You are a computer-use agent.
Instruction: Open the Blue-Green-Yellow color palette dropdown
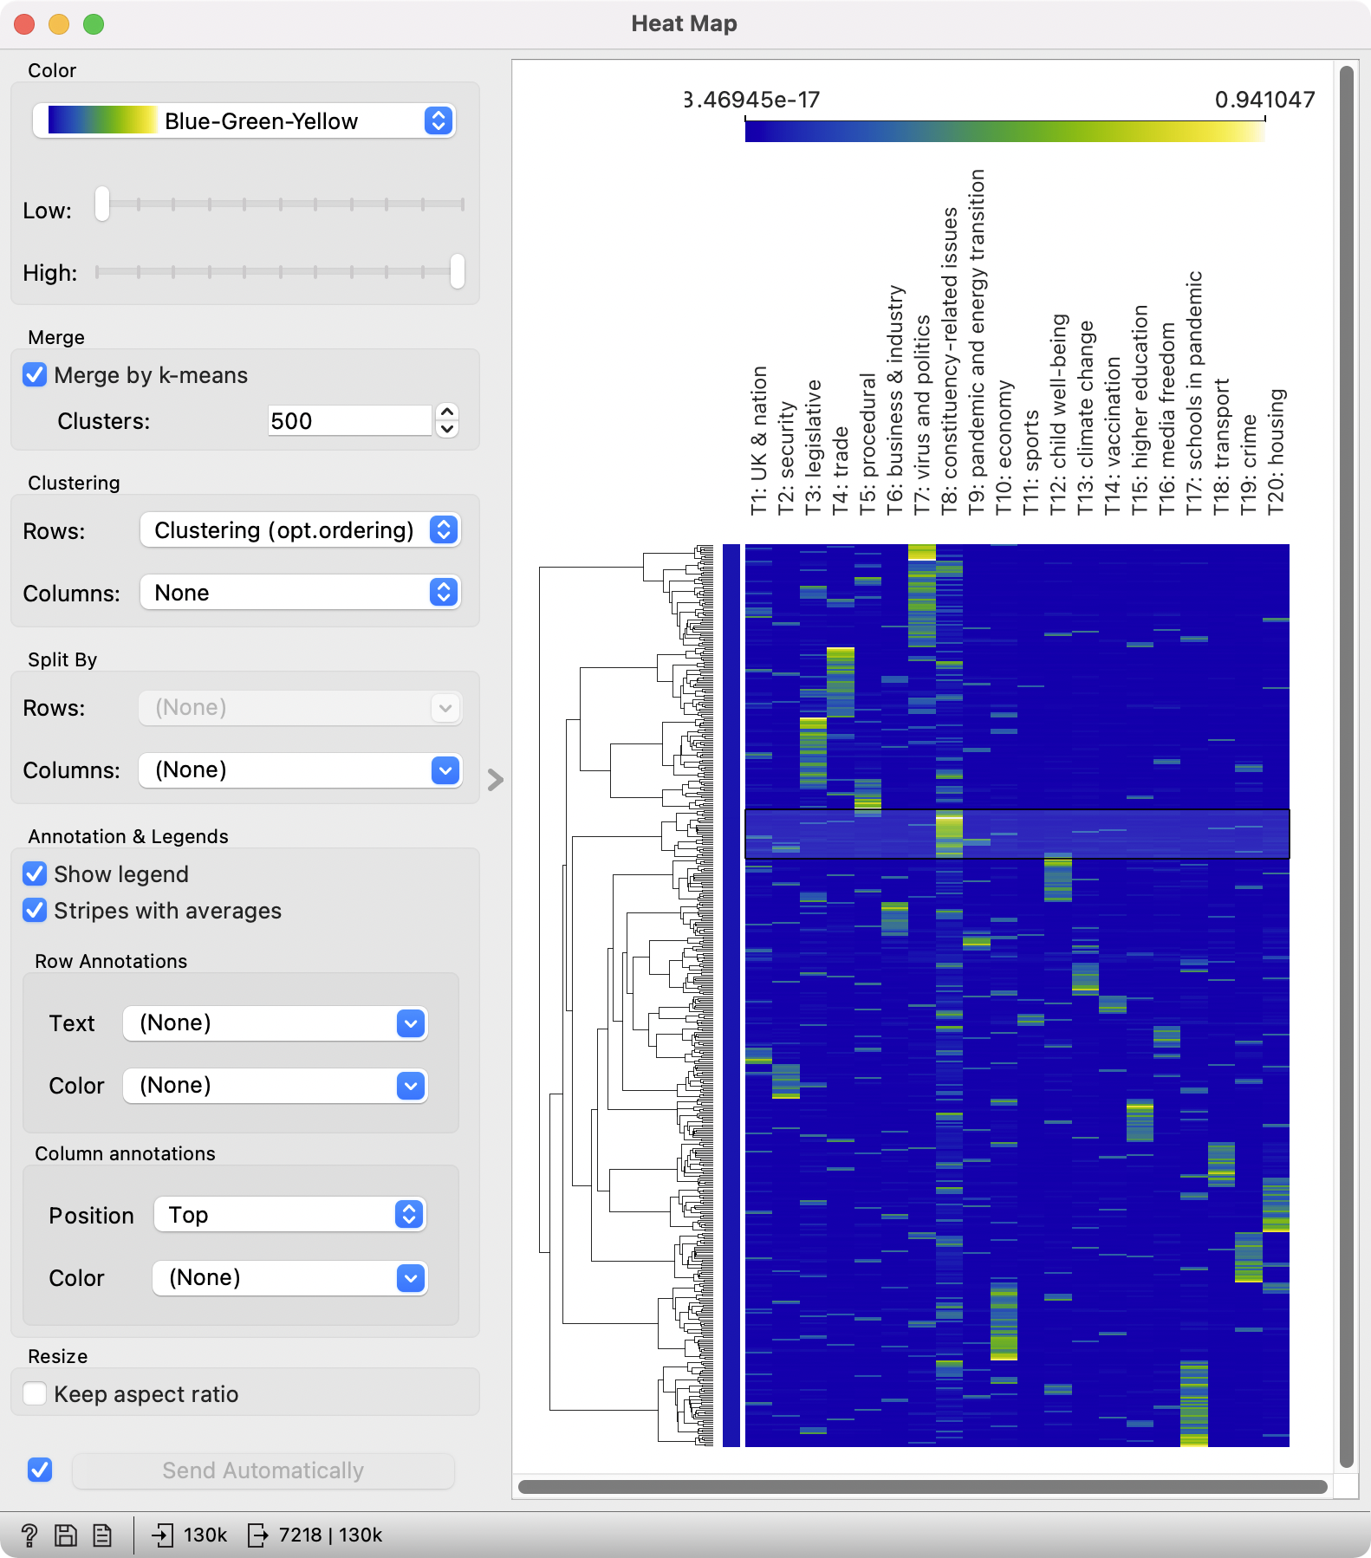(244, 120)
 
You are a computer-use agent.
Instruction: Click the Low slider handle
(102, 204)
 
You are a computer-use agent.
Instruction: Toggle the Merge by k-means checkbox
(36, 375)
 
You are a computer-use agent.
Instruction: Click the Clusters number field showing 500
(348, 421)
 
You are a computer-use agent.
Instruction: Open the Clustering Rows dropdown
(300, 530)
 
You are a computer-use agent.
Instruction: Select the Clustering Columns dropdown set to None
(300, 593)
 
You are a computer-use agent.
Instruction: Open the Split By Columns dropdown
(300, 770)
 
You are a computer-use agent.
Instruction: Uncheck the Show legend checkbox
(36, 874)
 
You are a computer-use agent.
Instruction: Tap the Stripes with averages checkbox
(36, 911)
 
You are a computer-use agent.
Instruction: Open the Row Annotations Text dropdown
(275, 1023)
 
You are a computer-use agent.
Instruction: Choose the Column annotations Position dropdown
(289, 1215)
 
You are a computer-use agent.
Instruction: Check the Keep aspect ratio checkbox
(36, 1394)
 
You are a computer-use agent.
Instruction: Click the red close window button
(24, 24)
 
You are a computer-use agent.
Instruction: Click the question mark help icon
(29, 1535)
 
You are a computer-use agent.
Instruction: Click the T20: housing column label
(1277, 451)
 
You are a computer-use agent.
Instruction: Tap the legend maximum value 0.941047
(1264, 100)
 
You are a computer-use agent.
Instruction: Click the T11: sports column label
(1030, 463)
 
